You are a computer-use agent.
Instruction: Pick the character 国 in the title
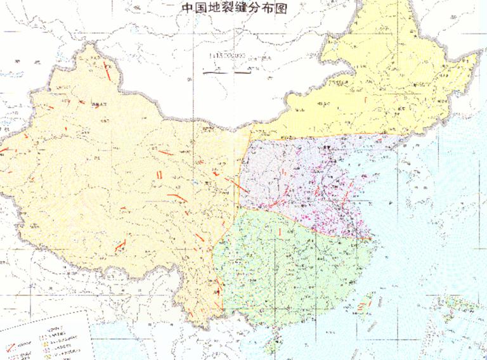201,8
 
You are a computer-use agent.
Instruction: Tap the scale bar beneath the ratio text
226,71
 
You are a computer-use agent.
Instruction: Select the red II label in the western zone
159,175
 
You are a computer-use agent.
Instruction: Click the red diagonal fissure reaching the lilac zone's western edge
236,184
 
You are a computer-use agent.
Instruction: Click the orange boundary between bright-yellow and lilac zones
317,136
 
